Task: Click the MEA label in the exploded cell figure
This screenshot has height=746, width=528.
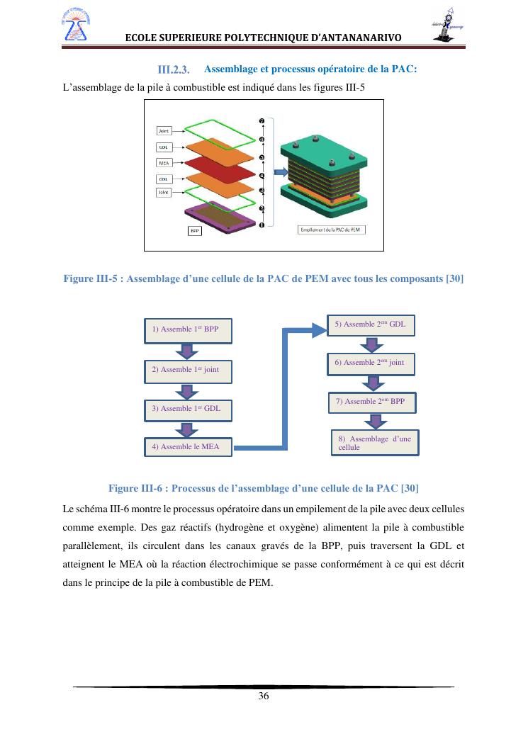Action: pyautogui.click(x=164, y=162)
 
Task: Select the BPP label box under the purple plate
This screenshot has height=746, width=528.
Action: pyautogui.click(x=194, y=231)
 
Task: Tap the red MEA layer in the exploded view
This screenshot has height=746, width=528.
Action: pyautogui.click(x=220, y=171)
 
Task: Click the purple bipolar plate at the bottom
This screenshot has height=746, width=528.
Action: pyautogui.click(x=220, y=216)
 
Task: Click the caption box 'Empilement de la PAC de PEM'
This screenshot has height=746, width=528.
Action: pyautogui.click(x=330, y=230)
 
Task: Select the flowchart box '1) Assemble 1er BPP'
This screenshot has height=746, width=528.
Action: pyautogui.click(x=189, y=329)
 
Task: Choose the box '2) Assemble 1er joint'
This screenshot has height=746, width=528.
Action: pyautogui.click(x=189, y=369)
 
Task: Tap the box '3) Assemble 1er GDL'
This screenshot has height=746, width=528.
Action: pyautogui.click(x=189, y=408)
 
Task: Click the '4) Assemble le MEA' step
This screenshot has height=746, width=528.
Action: pyautogui.click(x=189, y=447)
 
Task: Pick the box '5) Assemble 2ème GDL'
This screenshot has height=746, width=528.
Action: pyautogui.click(x=370, y=324)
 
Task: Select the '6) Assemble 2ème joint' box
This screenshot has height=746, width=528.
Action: pyautogui.click(x=370, y=363)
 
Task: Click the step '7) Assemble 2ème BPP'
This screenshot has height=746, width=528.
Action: pyautogui.click(x=371, y=402)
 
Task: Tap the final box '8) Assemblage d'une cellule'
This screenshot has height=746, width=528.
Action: pyautogui.click(x=375, y=443)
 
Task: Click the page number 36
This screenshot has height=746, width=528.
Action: pyautogui.click(x=264, y=696)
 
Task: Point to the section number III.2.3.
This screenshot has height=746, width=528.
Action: pyautogui.click(x=174, y=69)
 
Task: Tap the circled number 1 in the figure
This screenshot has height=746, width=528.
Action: pyautogui.click(x=262, y=225)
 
